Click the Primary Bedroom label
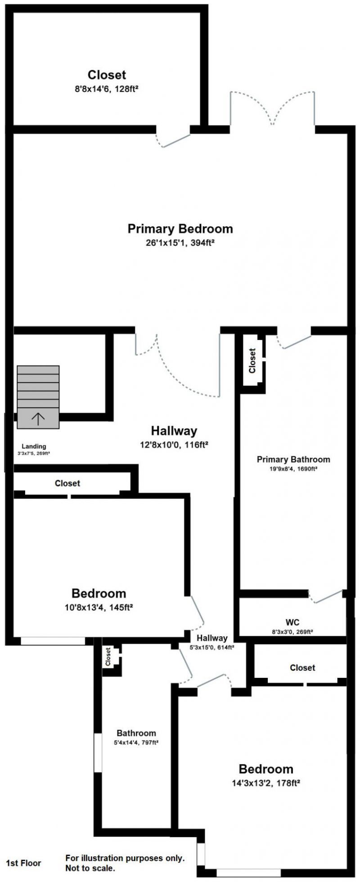pos(180,229)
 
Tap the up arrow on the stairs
pos(38,419)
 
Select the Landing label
pos(34,446)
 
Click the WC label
pos(292,622)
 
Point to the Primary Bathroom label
pos(293,459)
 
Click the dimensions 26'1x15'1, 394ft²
pos(180,243)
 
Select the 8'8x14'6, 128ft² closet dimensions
pos(106,89)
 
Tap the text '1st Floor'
pos(23,863)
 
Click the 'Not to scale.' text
pos(90,869)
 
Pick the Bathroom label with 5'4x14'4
pos(136,733)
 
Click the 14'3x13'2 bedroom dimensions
pos(265,783)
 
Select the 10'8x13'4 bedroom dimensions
pos(99,607)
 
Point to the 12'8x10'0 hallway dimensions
pos(173,445)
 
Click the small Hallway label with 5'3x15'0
pos(212,638)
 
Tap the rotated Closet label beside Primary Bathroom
pos(252,361)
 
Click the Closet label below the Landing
pos(67,483)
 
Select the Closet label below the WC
pos(302,667)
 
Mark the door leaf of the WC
pos(328,596)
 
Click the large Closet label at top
pos(107,75)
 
